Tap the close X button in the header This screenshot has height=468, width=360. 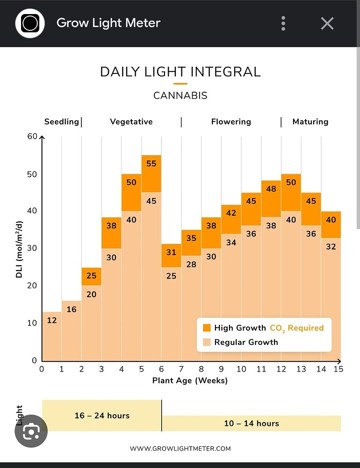[327, 23]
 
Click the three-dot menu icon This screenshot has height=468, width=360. [283, 23]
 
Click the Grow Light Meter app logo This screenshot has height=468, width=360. [30, 23]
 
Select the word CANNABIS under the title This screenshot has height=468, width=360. [180, 95]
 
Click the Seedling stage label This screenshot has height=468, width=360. [61, 122]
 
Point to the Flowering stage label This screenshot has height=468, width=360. [231, 122]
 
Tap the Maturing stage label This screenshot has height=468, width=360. [310, 122]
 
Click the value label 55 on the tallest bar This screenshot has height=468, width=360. [151, 163]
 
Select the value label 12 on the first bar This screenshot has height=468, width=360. [51, 320]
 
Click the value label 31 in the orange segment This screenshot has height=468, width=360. [171, 252]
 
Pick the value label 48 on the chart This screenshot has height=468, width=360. [271, 189]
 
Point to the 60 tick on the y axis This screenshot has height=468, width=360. [32, 136]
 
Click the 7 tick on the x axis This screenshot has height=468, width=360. [181, 369]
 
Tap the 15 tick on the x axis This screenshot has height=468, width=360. [338, 369]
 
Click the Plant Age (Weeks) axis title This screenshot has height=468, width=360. [190, 380]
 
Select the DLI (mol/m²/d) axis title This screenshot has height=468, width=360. [19, 249]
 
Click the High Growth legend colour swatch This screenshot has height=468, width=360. [207, 328]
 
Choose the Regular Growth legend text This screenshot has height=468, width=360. [246, 342]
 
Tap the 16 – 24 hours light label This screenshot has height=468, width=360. [102, 416]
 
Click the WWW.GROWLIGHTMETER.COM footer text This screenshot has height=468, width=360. [180, 449]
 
